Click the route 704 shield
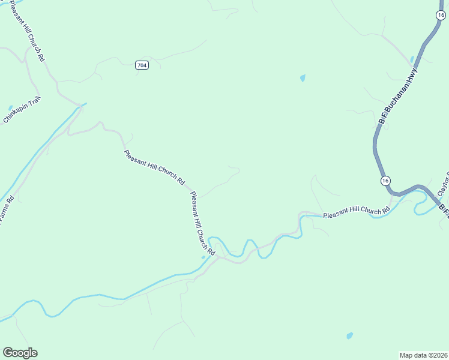(x=141, y=65)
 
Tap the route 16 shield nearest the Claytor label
(x=385, y=181)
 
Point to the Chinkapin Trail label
(x=22, y=110)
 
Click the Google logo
(x=20, y=353)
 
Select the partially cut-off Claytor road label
(x=444, y=185)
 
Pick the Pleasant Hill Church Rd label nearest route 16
(x=356, y=212)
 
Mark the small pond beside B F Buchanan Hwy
(x=412, y=59)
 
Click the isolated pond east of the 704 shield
(x=303, y=78)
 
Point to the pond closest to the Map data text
(x=349, y=335)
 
